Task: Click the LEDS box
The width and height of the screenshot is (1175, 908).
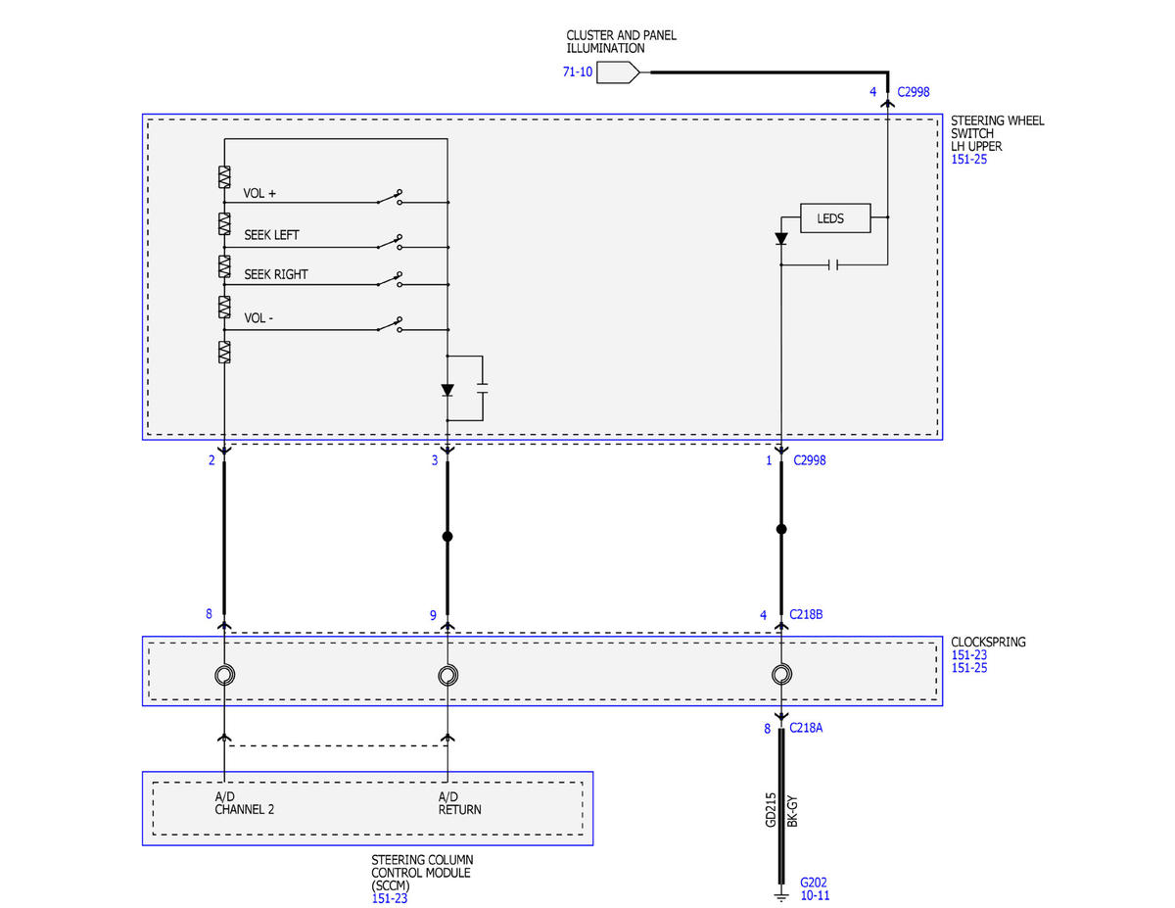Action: (835, 218)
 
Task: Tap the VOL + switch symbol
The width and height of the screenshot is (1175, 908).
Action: (390, 198)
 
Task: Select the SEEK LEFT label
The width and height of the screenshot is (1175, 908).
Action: (271, 235)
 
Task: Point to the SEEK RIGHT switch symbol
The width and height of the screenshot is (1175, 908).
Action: (390, 279)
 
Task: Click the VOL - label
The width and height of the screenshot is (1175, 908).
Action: (258, 318)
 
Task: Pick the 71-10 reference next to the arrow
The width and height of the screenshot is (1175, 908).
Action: (578, 72)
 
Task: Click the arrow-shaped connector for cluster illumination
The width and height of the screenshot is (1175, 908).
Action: (618, 72)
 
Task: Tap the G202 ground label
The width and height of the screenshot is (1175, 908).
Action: (814, 882)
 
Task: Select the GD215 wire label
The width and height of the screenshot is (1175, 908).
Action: (771, 810)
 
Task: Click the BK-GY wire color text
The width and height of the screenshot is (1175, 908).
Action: (791, 811)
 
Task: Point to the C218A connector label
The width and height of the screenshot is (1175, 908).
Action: (806, 728)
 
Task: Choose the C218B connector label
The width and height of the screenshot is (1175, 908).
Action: (806, 614)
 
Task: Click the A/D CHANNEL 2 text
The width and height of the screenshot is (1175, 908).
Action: (245, 803)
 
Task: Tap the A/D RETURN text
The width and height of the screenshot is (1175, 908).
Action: (459, 803)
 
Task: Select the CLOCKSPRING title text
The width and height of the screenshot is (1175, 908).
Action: (988, 642)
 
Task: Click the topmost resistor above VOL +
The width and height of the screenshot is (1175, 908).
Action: (224, 177)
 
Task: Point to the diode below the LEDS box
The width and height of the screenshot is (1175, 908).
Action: (780, 238)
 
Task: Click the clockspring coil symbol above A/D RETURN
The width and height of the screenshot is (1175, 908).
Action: (447, 675)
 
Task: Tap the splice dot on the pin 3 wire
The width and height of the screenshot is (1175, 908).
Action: (447, 537)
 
